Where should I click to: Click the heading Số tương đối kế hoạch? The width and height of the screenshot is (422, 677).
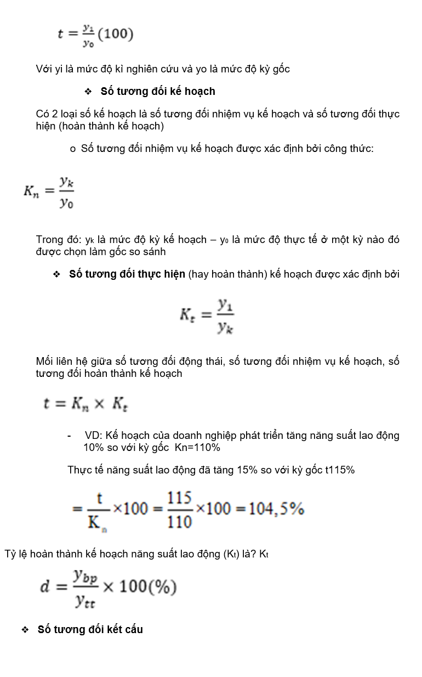tap(158, 91)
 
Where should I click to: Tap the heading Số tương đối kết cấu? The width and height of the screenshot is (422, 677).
tap(90, 629)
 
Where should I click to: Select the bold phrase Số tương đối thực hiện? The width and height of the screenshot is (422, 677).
tap(127, 274)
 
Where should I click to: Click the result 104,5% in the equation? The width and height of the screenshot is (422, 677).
tap(276, 509)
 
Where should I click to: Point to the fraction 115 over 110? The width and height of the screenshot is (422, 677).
tap(179, 509)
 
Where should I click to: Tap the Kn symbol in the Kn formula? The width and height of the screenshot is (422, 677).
tap(31, 191)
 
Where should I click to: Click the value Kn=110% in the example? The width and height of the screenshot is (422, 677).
tap(197, 448)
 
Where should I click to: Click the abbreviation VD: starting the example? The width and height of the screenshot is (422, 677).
tap(94, 436)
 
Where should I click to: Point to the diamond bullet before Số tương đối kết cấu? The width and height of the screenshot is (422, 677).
tap(25, 630)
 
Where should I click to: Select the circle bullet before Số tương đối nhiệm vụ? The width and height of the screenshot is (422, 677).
tap(72, 149)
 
